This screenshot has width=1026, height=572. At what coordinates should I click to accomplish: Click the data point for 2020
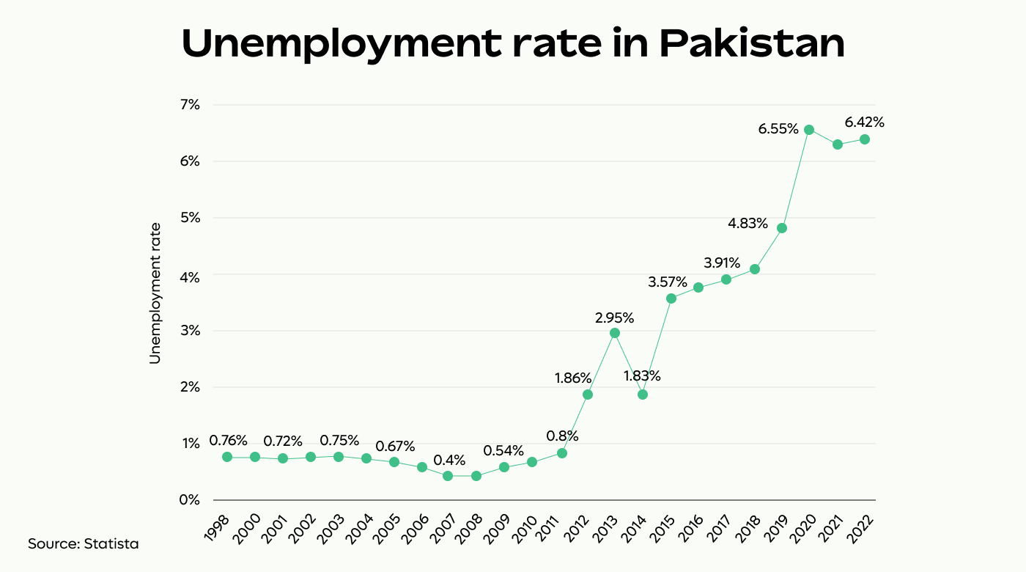click(x=809, y=130)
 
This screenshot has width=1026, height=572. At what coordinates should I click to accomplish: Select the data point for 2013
click(x=615, y=333)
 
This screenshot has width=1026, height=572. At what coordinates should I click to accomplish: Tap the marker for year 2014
click(x=643, y=395)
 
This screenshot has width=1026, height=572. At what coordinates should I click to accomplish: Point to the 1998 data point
click(x=227, y=457)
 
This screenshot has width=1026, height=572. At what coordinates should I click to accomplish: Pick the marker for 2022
click(x=865, y=139)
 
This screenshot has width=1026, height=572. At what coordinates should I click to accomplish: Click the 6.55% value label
click(x=778, y=129)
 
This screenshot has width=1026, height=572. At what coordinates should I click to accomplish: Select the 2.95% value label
click(x=615, y=318)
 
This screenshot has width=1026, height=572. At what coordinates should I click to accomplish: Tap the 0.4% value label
click(x=449, y=461)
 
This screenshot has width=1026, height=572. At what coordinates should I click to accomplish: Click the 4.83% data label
click(x=748, y=223)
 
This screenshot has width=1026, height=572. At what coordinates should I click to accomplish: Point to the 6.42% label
click(x=864, y=122)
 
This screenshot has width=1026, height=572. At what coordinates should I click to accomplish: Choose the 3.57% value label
click(x=668, y=282)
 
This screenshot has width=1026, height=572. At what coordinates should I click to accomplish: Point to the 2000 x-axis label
click(x=247, y=524)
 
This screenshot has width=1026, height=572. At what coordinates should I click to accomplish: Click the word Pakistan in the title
click(x=752, y=45)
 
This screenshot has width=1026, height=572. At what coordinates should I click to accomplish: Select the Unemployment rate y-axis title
click(x=155, y=293)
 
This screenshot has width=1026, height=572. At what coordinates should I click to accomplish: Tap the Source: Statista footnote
click(x=83, y=544)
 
